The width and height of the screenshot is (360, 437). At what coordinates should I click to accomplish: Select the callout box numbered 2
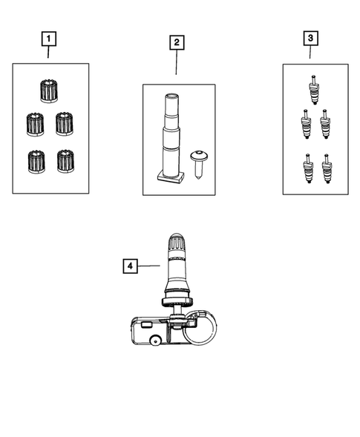pyautogui.click(x=176, y=42)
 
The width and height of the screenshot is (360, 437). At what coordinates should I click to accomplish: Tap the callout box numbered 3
pyautogui.click(x=310, y=37)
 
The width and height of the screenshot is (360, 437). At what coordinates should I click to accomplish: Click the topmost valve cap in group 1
pyautogui.click(x=49, y=93)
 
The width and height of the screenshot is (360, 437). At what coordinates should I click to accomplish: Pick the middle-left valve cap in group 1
pyautogui.click(x=35, y=123)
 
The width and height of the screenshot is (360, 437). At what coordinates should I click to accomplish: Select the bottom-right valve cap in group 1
pyautogui.click(x=65, y=160)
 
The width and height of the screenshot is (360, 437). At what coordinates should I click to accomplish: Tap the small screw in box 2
pyautogui.click(x=198, y=161)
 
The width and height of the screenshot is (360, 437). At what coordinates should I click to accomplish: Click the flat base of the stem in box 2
pyautogui.click(x=171, y=177)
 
